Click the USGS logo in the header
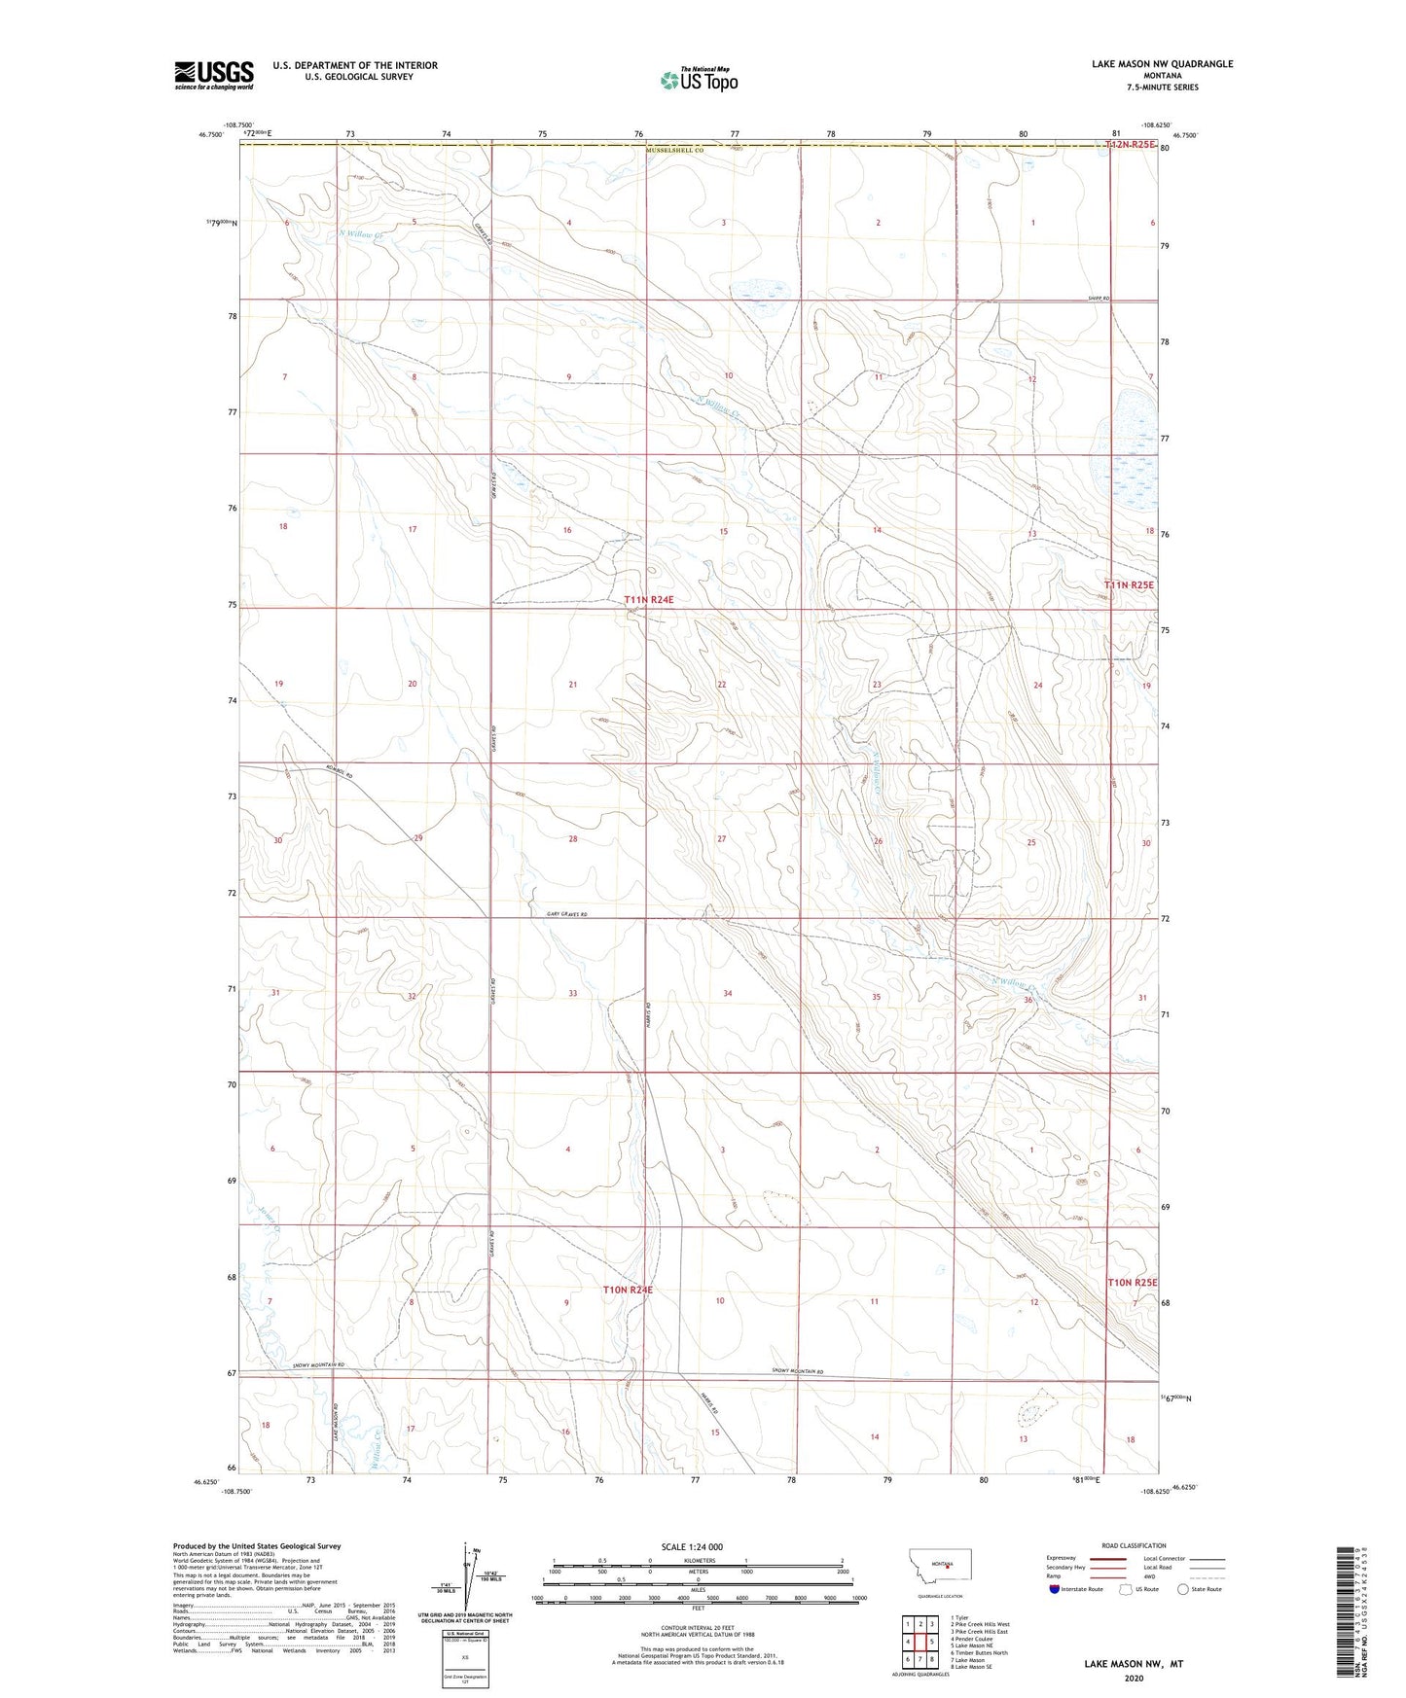click(213, 74)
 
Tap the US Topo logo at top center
click(699, 80)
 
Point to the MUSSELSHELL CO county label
click(672, 152)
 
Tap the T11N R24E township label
click(649, 600)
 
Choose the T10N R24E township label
click(628, 1290)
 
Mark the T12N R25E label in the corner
click(1130, 145)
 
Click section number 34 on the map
click(728, 993)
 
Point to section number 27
click(721, 838)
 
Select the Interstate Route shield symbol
click(1054, 1589)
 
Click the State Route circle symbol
click(1183, 1589)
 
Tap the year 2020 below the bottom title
click(1134, 1679)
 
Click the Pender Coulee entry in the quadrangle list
click(974, 1639)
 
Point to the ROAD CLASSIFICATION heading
click(1134, 1545)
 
